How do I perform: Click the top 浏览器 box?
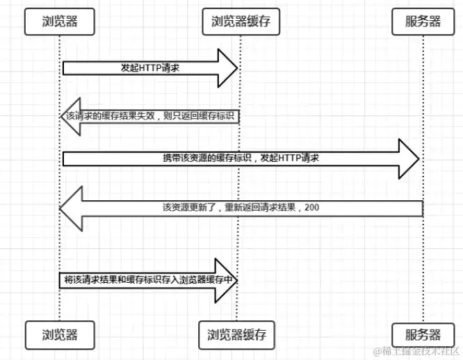pyautogui.click(x=59, y=21)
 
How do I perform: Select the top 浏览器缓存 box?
pyautogui.click(x=241, y=21)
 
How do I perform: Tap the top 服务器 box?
pyautogui.click(x=423, y=21)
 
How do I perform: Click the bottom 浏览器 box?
pyautogui.click(x=59, y=334)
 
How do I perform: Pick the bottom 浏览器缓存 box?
pyautogui.click(x=241, y=334)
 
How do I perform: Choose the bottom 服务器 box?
pyautogui.click(x=423, y=334)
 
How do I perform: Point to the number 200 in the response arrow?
pyautogui.click(x=311, y=207)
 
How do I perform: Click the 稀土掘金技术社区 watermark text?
pyautogui.click(x=417, y=351)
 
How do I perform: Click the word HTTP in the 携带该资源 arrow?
pyautogui.click(x=289, y=158)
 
